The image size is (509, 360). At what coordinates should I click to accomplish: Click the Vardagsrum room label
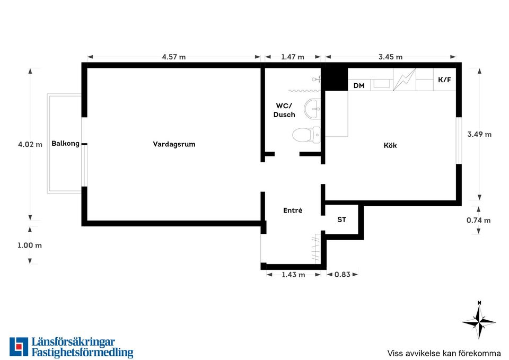point(174,144)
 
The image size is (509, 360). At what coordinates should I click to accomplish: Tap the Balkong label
point(65,144)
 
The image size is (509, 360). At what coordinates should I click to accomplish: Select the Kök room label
point(390,145)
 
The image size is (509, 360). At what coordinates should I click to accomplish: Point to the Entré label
point(293,210)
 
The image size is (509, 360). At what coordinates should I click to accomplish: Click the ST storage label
point(341,220)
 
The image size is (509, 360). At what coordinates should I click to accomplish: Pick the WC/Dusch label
point(284,110)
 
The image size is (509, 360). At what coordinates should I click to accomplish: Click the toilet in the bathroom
point(306,135)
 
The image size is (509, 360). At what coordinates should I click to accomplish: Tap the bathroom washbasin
point(312,109)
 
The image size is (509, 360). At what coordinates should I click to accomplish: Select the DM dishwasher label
point(359,86)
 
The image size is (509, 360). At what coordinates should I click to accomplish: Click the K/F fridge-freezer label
point(444,80)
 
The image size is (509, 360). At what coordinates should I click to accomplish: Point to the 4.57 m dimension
point(174,57)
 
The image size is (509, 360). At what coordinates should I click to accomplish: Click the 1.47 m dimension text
point(293,57)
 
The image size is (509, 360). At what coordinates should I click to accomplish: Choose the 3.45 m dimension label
point(391,57)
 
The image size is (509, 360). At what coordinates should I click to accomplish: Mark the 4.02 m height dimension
point(30,144)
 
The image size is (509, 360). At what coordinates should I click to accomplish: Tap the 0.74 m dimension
point(478,220)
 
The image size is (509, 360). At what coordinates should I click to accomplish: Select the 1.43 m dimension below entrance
point(293,275)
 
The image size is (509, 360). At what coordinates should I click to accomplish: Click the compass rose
point(479,321)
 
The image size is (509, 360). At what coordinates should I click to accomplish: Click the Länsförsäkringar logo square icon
point(19,347)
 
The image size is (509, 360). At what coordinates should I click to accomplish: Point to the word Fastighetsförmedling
point(83,352)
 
